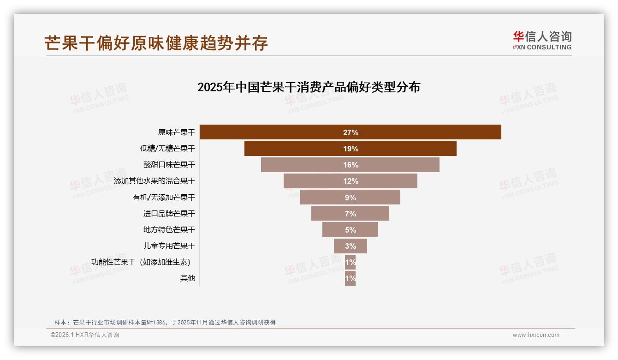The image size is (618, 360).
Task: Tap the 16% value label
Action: pos(351,165)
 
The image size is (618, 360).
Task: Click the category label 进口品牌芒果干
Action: pos(169,214)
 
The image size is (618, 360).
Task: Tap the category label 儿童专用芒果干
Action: pos(169,246)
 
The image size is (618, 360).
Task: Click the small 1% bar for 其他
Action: pos(350,278)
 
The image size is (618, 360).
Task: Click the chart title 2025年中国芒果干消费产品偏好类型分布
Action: pos(309,87)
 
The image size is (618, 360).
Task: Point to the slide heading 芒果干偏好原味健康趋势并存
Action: pos(156,43)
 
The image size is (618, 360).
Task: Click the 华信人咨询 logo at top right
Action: pos(542,40)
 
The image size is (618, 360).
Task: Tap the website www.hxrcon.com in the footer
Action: pos(535,335)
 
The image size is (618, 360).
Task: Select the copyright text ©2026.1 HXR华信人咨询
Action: pos(84,335)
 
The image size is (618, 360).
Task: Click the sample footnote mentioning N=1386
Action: pos(165,322)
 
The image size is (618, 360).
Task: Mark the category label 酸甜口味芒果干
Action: pos(169,165)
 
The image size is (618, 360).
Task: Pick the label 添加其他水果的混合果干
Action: pos(154,181)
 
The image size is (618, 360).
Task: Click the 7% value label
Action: pos(351,214)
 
